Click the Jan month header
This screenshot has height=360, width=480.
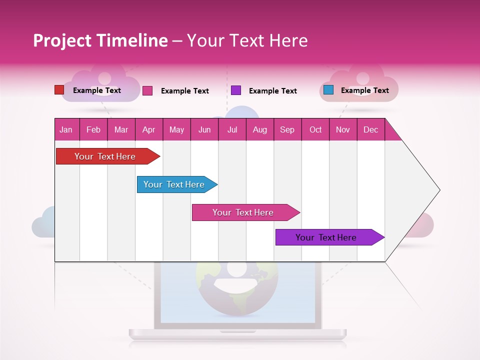tap(66, 129)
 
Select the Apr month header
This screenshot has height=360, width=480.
tap(148, 129)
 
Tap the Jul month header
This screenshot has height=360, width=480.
tap(232, 129)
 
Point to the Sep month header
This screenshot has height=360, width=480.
tap(287, 129)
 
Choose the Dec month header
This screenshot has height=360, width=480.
tap(370, 129)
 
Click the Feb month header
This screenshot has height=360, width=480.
tap(93, 129)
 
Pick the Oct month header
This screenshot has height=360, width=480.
tap(315, 129)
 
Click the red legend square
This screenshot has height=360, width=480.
tap(59, 90)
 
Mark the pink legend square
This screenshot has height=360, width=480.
tap(147, 90)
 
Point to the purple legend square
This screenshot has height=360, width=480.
tap(236, 90)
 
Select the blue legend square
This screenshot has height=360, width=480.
tap(328, 90)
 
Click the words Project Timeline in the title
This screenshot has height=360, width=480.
tap(100, 40)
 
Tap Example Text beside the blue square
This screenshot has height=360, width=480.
tap(364, 90)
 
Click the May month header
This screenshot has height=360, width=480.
tap(176, 129)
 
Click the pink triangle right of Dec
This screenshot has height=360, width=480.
tap(391, 133)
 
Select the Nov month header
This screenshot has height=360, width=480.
tap(342, 129)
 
